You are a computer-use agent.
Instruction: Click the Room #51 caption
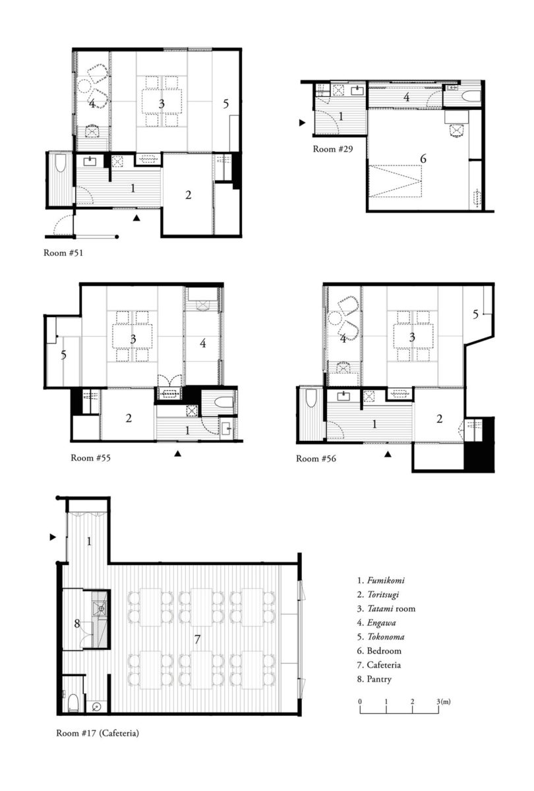(x=63, y=253)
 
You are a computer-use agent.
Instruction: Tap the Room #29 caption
(x=333, y=149)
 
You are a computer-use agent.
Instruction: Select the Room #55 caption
(x=91, y=457)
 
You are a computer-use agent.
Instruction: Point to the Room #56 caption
(x=316, y=458)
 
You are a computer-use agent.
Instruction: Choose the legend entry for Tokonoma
(x=381, y=637)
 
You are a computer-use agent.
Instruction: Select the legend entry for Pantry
(x=374, y=679)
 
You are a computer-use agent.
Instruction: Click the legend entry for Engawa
(x=376, y=623)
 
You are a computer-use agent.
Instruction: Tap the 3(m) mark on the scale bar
(x=443, y=701)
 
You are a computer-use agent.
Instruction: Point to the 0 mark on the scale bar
(x=360, y=701)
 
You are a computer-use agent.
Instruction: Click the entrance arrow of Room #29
(x=302, y=123)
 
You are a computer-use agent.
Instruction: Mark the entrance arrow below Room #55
(x=177, y=454)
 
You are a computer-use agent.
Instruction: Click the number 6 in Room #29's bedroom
(x=423, y=159)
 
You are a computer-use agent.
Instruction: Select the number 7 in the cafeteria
(x=197, y=639)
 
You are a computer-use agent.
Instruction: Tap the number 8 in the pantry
(x=77, y=624)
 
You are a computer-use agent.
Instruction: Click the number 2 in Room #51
(x=189, y=195)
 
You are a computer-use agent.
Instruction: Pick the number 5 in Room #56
(x=476, y=314)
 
